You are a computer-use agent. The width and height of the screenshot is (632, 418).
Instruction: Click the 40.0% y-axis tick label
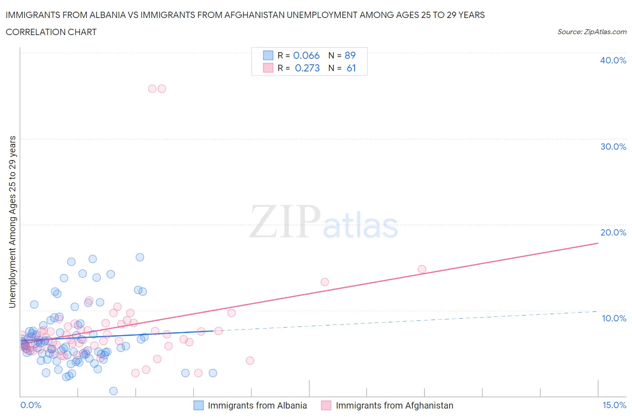(x=613, y=60)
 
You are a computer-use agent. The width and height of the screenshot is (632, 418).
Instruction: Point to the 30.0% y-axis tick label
(x=613, y=147)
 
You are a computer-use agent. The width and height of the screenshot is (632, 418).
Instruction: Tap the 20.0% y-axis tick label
(x=613, y=232)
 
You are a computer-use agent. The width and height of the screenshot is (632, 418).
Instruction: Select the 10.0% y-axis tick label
(x=614, y=318)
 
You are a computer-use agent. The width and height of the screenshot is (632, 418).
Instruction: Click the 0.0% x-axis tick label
(x=31, y=405)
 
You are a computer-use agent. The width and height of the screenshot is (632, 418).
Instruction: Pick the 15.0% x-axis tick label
(x=614, y=405)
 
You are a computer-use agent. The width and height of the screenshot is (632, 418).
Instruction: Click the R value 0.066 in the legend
(x=306, y=55)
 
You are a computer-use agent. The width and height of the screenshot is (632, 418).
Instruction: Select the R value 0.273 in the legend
(x=307, y=68)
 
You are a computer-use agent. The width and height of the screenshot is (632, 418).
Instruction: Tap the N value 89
(x=350, y=55)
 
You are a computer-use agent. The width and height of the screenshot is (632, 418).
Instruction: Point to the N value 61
(x=351, y=68)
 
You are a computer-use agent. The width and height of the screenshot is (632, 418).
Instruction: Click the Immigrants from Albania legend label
(x=257, y=405)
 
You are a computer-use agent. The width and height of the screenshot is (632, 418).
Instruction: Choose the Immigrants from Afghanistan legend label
(x=394, y=405)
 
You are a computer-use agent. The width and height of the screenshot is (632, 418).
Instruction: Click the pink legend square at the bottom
(x=326, y=405)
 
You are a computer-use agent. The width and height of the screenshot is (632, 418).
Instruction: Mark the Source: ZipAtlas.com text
(x=592, y=31)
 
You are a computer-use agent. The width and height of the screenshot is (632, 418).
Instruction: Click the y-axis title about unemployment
(x=12, y=222)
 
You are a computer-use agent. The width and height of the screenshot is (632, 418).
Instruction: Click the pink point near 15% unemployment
(x=422, y=269)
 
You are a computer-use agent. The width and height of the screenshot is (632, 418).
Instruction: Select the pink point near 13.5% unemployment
(x=325, y=282)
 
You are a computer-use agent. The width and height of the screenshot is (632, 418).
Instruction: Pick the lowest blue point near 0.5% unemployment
(x=113, y=391)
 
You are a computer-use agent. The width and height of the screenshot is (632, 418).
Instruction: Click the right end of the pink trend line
(x=598, y=243)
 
